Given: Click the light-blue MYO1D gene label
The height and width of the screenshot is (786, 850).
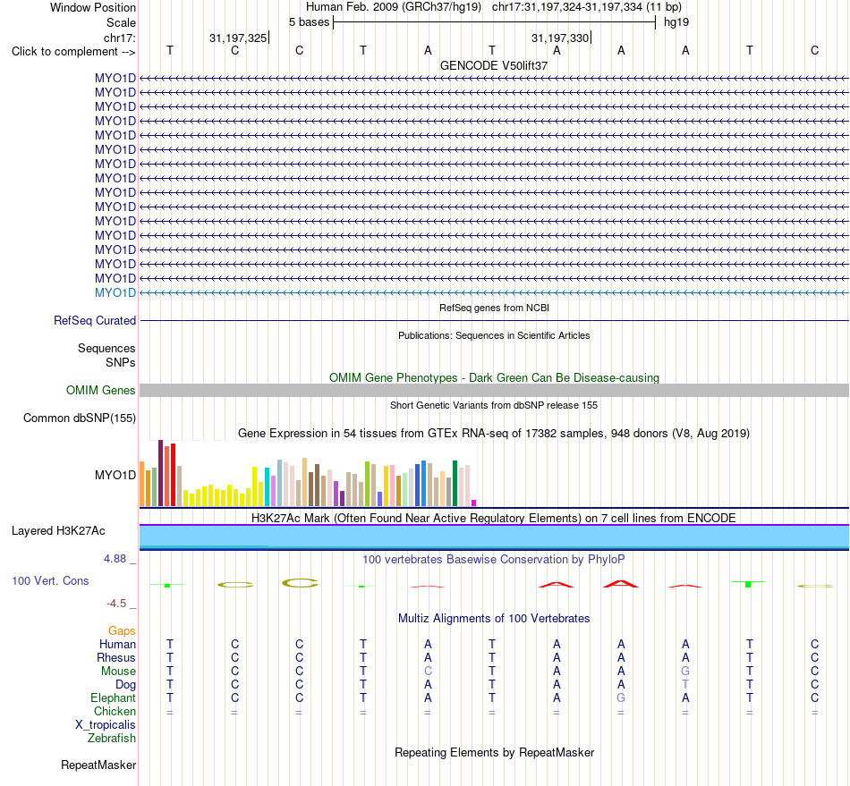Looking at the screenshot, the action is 115,292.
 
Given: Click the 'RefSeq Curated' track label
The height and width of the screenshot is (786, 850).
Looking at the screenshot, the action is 95,321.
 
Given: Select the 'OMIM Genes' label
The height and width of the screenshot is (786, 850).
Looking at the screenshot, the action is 101,390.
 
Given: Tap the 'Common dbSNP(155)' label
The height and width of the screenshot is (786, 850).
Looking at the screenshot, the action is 80,418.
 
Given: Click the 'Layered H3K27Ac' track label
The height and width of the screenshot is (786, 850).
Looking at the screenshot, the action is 58,531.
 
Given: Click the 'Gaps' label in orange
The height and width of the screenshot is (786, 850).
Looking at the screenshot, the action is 122,630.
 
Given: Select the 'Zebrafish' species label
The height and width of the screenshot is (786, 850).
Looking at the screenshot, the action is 112,738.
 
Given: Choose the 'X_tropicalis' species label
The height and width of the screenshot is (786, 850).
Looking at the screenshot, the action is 106,725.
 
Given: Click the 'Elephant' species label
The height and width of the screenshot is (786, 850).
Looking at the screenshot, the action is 114,697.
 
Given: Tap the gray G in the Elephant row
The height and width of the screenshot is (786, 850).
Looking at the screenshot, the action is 621,697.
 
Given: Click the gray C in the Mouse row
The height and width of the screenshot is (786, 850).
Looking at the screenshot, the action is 428,672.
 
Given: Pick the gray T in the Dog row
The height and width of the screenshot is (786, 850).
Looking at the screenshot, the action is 685,685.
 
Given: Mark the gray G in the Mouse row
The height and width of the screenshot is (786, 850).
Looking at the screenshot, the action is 685,672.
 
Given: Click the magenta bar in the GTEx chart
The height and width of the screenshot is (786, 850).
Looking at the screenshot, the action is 474,503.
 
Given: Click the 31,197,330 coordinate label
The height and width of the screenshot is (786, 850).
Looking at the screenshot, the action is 560,38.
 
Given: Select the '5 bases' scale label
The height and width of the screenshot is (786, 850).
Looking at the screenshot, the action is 309,22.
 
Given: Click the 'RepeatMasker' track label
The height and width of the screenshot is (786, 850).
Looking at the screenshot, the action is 98,765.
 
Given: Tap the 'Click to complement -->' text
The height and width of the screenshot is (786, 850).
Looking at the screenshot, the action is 73,52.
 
